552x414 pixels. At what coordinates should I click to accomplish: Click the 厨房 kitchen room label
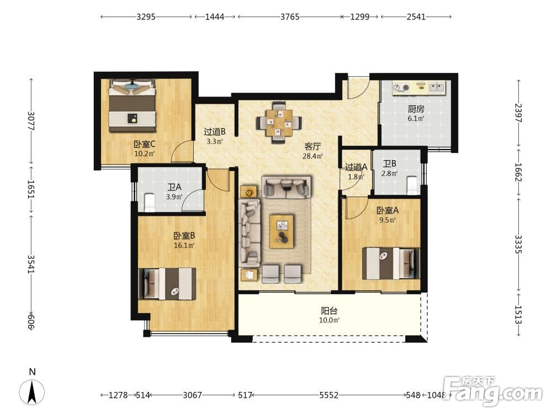point(416,109)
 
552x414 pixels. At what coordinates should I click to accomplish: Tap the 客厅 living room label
point(312,146)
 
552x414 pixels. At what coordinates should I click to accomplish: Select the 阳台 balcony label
point(329,311)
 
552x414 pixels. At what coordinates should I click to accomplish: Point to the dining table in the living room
point(279,123)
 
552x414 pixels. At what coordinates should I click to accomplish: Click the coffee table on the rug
point(282,231)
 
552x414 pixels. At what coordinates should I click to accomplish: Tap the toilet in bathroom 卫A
point(150,203)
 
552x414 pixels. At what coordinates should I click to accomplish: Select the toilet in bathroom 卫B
point(412,185)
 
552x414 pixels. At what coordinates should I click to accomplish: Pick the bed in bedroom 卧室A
point(391,264)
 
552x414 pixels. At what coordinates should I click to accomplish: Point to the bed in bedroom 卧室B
point(167,284)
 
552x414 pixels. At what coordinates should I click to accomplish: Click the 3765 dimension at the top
point(290,17)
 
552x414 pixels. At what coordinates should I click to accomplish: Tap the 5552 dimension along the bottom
point(329,395)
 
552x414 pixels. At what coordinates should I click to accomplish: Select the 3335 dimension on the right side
point(518,245)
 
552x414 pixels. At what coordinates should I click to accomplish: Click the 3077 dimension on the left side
point(31,121)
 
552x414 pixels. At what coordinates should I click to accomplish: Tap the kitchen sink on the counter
point(437,87)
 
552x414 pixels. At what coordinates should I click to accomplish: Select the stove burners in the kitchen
point(401,87)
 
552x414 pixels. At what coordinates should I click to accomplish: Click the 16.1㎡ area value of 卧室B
point(184,246)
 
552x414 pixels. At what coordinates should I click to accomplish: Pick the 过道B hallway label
point(214,132)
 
